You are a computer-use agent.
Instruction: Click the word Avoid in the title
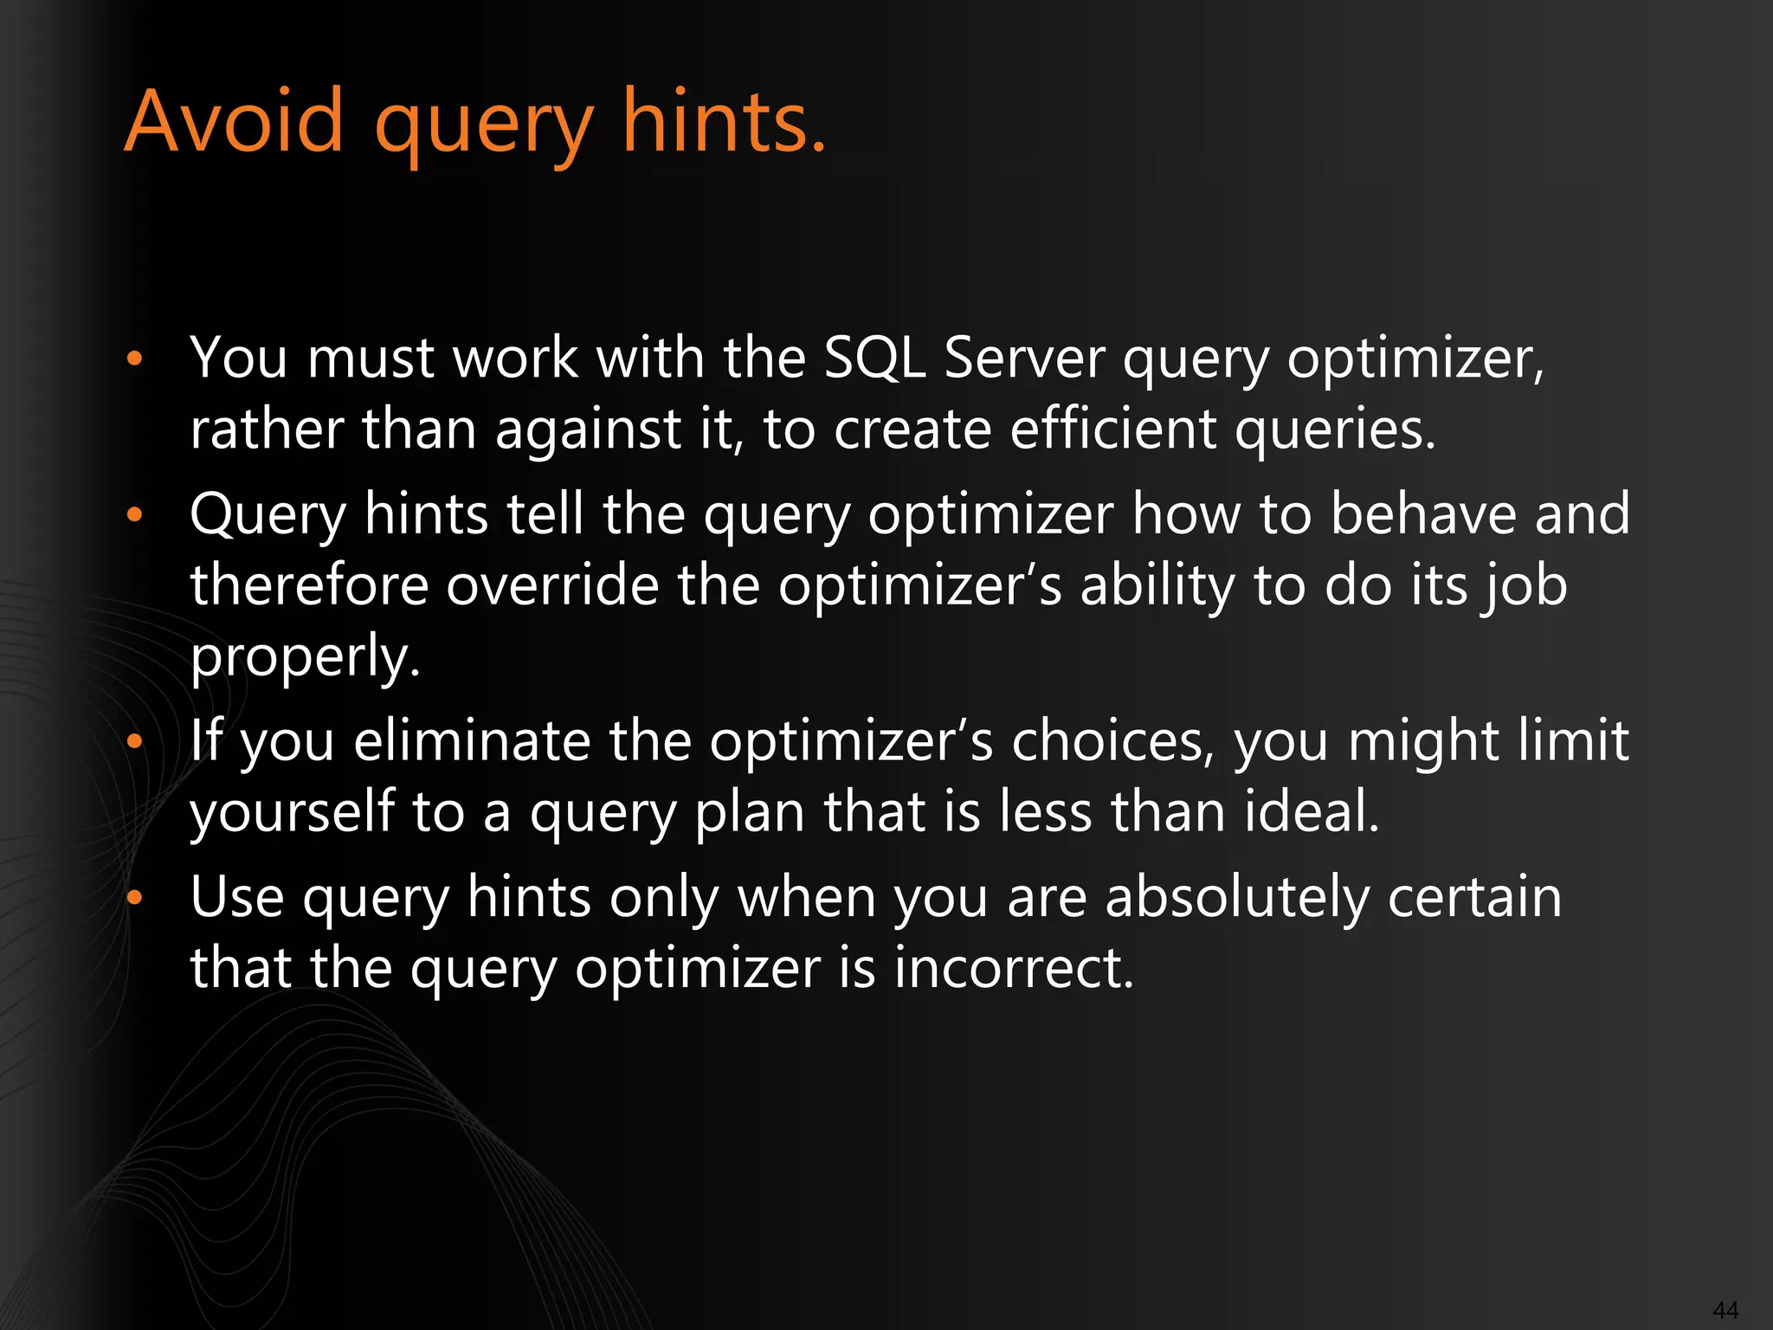pyautogui.click(x=235, y=122)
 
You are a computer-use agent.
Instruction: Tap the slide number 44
pyautogui.click(x=1725, y=1309)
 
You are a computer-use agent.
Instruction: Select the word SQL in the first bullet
pyautogui.click(x=874, y=358)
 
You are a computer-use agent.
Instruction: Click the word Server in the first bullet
pyautogui.click(x=1024, y=358)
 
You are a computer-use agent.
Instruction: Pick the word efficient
pyautogui.click(x=1113, y=429)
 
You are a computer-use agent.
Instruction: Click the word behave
pyautogui.click(x=1423, y=514)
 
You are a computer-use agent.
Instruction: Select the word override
pyautogui.click(x=552, y=585)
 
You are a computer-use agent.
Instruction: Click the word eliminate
pyautogui.click(x=471, y=741)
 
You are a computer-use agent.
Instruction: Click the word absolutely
pyautogui.click(x=1238, y=897)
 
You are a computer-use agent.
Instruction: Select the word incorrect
pyautogui.click(x=1013, y=968)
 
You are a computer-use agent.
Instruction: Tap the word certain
pyautogui.click(x=1475, y=897)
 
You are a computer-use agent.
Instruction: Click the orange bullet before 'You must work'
pyautogui.click(x=133, y=358)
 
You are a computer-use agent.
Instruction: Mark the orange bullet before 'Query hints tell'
pyautogui.click(x=133, y=515)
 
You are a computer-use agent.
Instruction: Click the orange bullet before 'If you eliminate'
pyautogui.click(x=133, y=742)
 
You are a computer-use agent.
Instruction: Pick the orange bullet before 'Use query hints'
pyautogui.click(x=133, y=898)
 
